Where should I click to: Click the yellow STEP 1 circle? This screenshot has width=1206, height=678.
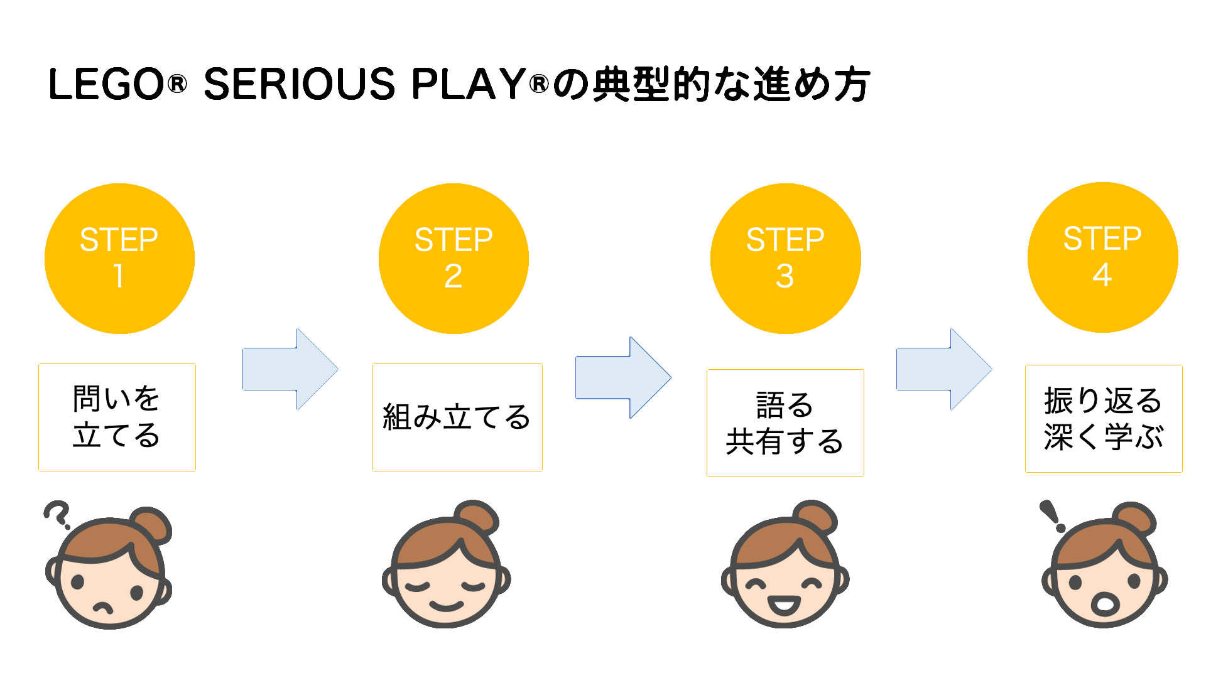tap(119, 259)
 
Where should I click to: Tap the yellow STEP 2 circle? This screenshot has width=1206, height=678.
tap(454, 259)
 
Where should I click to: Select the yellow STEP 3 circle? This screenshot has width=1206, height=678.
tap(785, 259)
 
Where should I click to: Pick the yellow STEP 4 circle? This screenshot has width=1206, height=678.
tap(1102, 257)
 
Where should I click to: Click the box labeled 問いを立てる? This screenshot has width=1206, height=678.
tap(117, 417)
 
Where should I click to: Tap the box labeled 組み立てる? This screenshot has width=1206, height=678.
tap(457, 417)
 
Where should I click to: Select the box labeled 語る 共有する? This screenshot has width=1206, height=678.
tap(785, 423)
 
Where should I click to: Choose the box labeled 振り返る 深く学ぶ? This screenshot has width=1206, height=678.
tap(1104, 419)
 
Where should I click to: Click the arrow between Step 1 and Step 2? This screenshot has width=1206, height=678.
tap(290, 369)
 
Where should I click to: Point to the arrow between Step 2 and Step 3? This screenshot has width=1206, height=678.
tap(623, 377)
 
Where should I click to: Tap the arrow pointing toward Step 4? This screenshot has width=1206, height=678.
tap(944, 369)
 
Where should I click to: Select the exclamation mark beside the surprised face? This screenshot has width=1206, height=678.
tap(1052, 516)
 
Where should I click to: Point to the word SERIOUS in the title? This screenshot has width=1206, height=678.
tap(300, 84)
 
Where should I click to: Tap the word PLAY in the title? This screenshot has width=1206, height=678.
tap(469, 84)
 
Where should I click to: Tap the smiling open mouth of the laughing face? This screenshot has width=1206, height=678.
tap(784, 606)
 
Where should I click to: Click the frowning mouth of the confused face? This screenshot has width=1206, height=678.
tap(103, 608)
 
